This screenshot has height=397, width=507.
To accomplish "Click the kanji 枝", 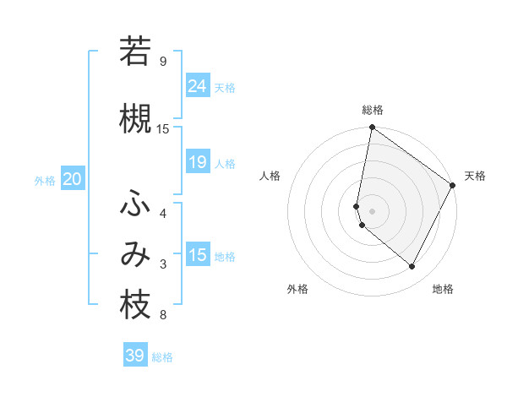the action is pyautogui.click(x=135, y=306).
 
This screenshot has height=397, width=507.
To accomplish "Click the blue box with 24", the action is pyautogui.click(x=198, y=85).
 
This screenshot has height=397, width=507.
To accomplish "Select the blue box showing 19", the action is pyautogui.click(x=198, y=162).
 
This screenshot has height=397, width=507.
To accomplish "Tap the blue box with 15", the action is pyautogui.click(x=198, y=255).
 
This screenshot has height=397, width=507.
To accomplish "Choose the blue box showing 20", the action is pyautogui.click(x=73, y=179).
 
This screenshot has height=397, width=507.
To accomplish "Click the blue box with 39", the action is pyautogui.click(x=135, y=356).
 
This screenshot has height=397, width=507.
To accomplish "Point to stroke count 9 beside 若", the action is pyautogui.click(x=163, y=62).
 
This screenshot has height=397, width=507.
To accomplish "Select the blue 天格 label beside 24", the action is pyautogui.click(x=225, y=87).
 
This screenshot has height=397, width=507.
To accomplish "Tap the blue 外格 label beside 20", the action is pyautogui.click(x=45, y=180).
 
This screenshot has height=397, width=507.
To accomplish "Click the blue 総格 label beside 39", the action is pyautogui.click(x=162, y=357).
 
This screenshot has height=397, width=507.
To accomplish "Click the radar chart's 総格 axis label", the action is pyautogui.click(x=373, y=110).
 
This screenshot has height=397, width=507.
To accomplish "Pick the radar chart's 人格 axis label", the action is pyautogui.click(x=270, y=176).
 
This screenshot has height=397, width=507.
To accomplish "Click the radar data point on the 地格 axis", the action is pyautogui.click(x=412, y=267).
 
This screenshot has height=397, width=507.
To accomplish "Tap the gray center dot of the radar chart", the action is pyautogui.click(x=373, y=211).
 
